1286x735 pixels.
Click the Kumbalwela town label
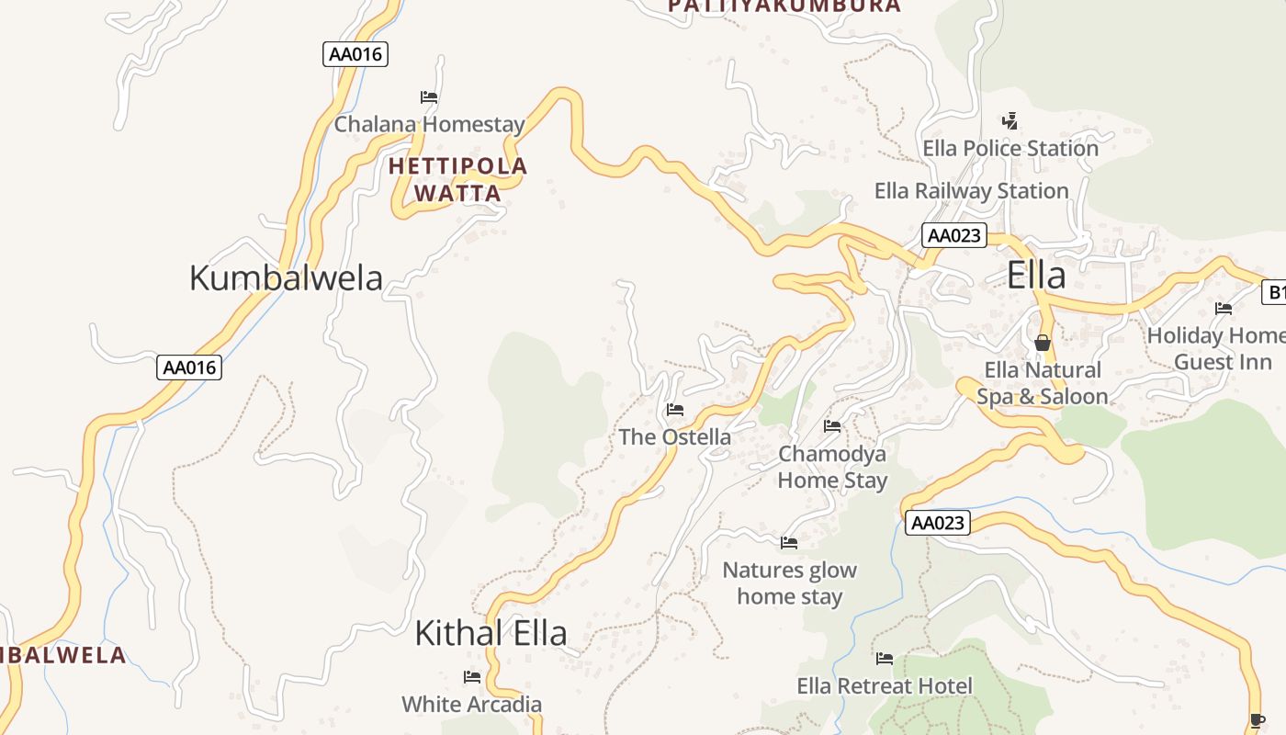(x=286, y=277)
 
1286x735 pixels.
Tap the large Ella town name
(x=1036, y=276)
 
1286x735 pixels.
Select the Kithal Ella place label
(x=491, y=633)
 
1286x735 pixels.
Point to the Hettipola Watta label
(x=457, y=179)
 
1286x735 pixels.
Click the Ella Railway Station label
(x=971, y=191)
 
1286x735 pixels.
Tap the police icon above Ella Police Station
(x=1010, y=120)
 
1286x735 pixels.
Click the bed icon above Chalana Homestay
(x=429, y=96)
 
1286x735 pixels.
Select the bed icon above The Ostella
(x=675, y=409)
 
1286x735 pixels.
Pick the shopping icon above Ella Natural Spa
(x=1042, y=343)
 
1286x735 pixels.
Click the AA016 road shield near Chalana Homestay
(x=355, y=54)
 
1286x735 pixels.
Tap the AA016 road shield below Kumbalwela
(x=189, y=367)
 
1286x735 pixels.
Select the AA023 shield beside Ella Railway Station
(x=954, y=235)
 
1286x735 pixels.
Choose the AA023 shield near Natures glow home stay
(x=938, y=523)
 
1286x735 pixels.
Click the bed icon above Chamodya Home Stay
(x=832, y=425)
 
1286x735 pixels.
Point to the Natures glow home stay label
(x=789, y=582)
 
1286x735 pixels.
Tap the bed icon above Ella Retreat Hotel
(x=885, y=658)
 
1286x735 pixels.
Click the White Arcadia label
(x=471, y=705)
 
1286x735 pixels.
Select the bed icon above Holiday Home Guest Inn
(x=1223, y=308)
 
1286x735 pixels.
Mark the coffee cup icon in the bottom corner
(x=1258, y=720)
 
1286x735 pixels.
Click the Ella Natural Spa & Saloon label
(x=1042, y=383)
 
